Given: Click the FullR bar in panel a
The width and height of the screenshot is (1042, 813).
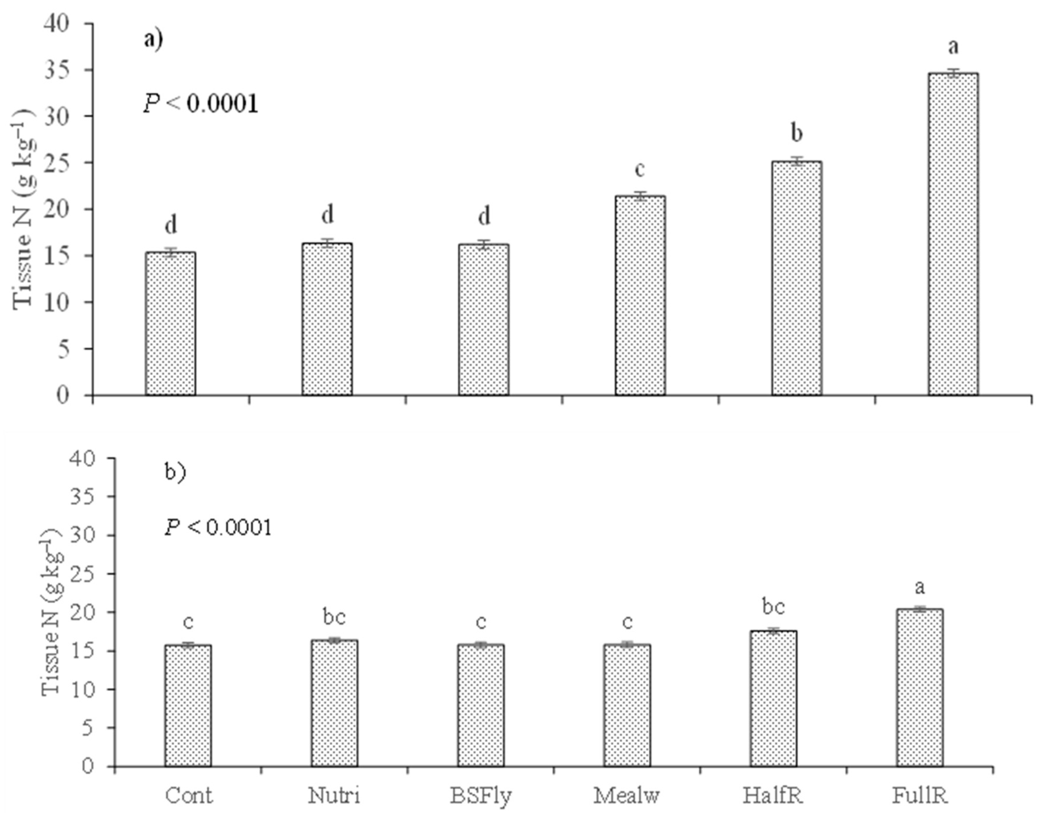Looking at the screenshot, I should (x=953, y=234).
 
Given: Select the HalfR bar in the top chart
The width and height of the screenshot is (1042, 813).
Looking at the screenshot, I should (x=797, y=278).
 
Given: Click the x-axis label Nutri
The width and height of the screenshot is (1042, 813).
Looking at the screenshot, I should (x=334, y=795).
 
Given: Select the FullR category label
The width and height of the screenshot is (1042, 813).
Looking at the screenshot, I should (x=920, y=795).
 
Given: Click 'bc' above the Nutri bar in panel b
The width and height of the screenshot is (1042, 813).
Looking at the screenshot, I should (x=334, y=617).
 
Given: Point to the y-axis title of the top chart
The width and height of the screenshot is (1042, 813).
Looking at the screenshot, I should (x=22, y=209).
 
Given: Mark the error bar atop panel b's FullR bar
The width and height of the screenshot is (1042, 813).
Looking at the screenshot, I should (x=920, y=609).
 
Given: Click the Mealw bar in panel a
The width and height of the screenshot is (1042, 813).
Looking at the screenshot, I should (x=640, y=295).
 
